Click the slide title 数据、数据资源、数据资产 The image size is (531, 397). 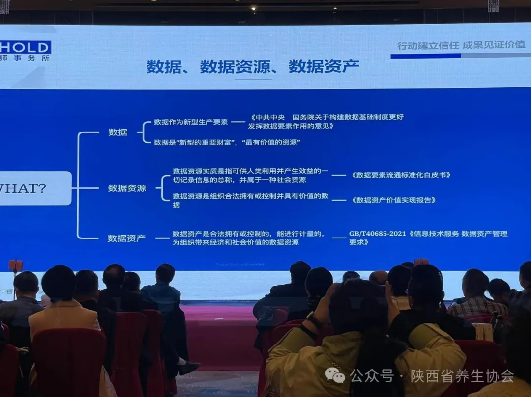(x=253, y=66)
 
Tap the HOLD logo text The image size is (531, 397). (x=26, y=48)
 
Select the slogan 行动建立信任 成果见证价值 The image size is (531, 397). (x=461, y=45)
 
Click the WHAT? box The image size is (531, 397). (x=29, y=188)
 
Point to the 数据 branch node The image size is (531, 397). (x=118, y=132)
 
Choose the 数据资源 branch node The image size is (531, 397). (x=127, y=188)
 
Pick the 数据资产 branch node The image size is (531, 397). (x=126, y=238)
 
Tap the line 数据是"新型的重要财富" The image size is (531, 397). (x=227, y=142)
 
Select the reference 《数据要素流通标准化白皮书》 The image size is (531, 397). (x=401, y=175)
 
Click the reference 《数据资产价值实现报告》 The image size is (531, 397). (x=393, y=200)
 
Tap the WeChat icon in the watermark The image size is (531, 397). (x=335, y=376)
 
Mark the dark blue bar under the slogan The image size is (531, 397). (x=425, y=56)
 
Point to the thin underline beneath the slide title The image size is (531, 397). (x=253, y=79)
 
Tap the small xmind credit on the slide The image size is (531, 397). (x=239, y=265)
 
